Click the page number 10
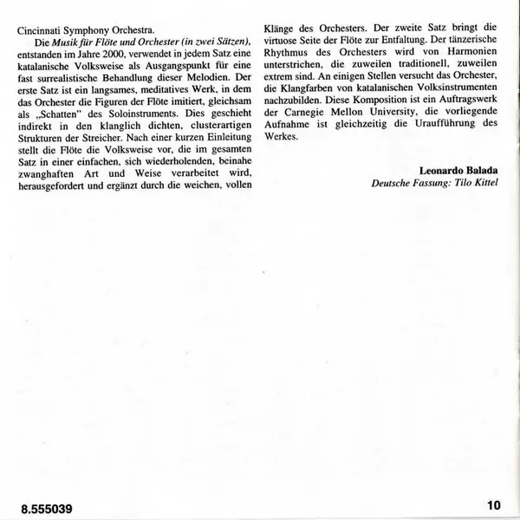[x=494, y=504]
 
